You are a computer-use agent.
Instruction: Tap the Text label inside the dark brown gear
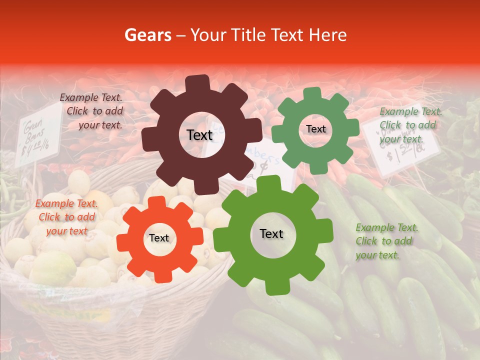point(199,135)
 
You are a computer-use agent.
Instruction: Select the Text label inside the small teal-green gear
point(315,129)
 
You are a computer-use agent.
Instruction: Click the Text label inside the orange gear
point(159,238)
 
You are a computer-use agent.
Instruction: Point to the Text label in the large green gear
point(271,234)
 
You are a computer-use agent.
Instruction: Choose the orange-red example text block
point(66,217)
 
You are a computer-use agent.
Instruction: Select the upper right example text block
point(410,125)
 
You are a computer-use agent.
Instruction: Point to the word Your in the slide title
point(204,35)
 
